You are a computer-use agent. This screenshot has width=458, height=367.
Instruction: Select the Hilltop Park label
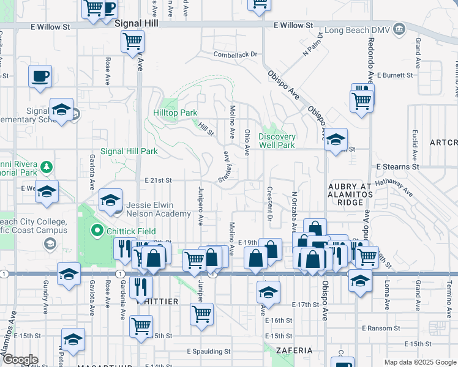tap(175, 113)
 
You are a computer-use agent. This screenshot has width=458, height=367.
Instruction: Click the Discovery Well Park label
tap(277, 141)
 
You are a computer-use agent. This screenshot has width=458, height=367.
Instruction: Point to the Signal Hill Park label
tap(129, 151)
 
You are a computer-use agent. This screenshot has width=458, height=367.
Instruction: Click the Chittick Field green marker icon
tap(96, 231)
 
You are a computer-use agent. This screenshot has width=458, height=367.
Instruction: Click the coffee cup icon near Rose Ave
tap(40, 76)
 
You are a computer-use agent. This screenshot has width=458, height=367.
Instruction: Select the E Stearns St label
tap(397, 166)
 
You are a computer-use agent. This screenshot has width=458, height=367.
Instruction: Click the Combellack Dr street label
tap(235, 54)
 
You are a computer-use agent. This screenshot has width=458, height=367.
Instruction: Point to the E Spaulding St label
tap(208, 352)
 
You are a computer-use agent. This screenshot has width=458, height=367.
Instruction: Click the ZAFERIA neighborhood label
tap(294, 350)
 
